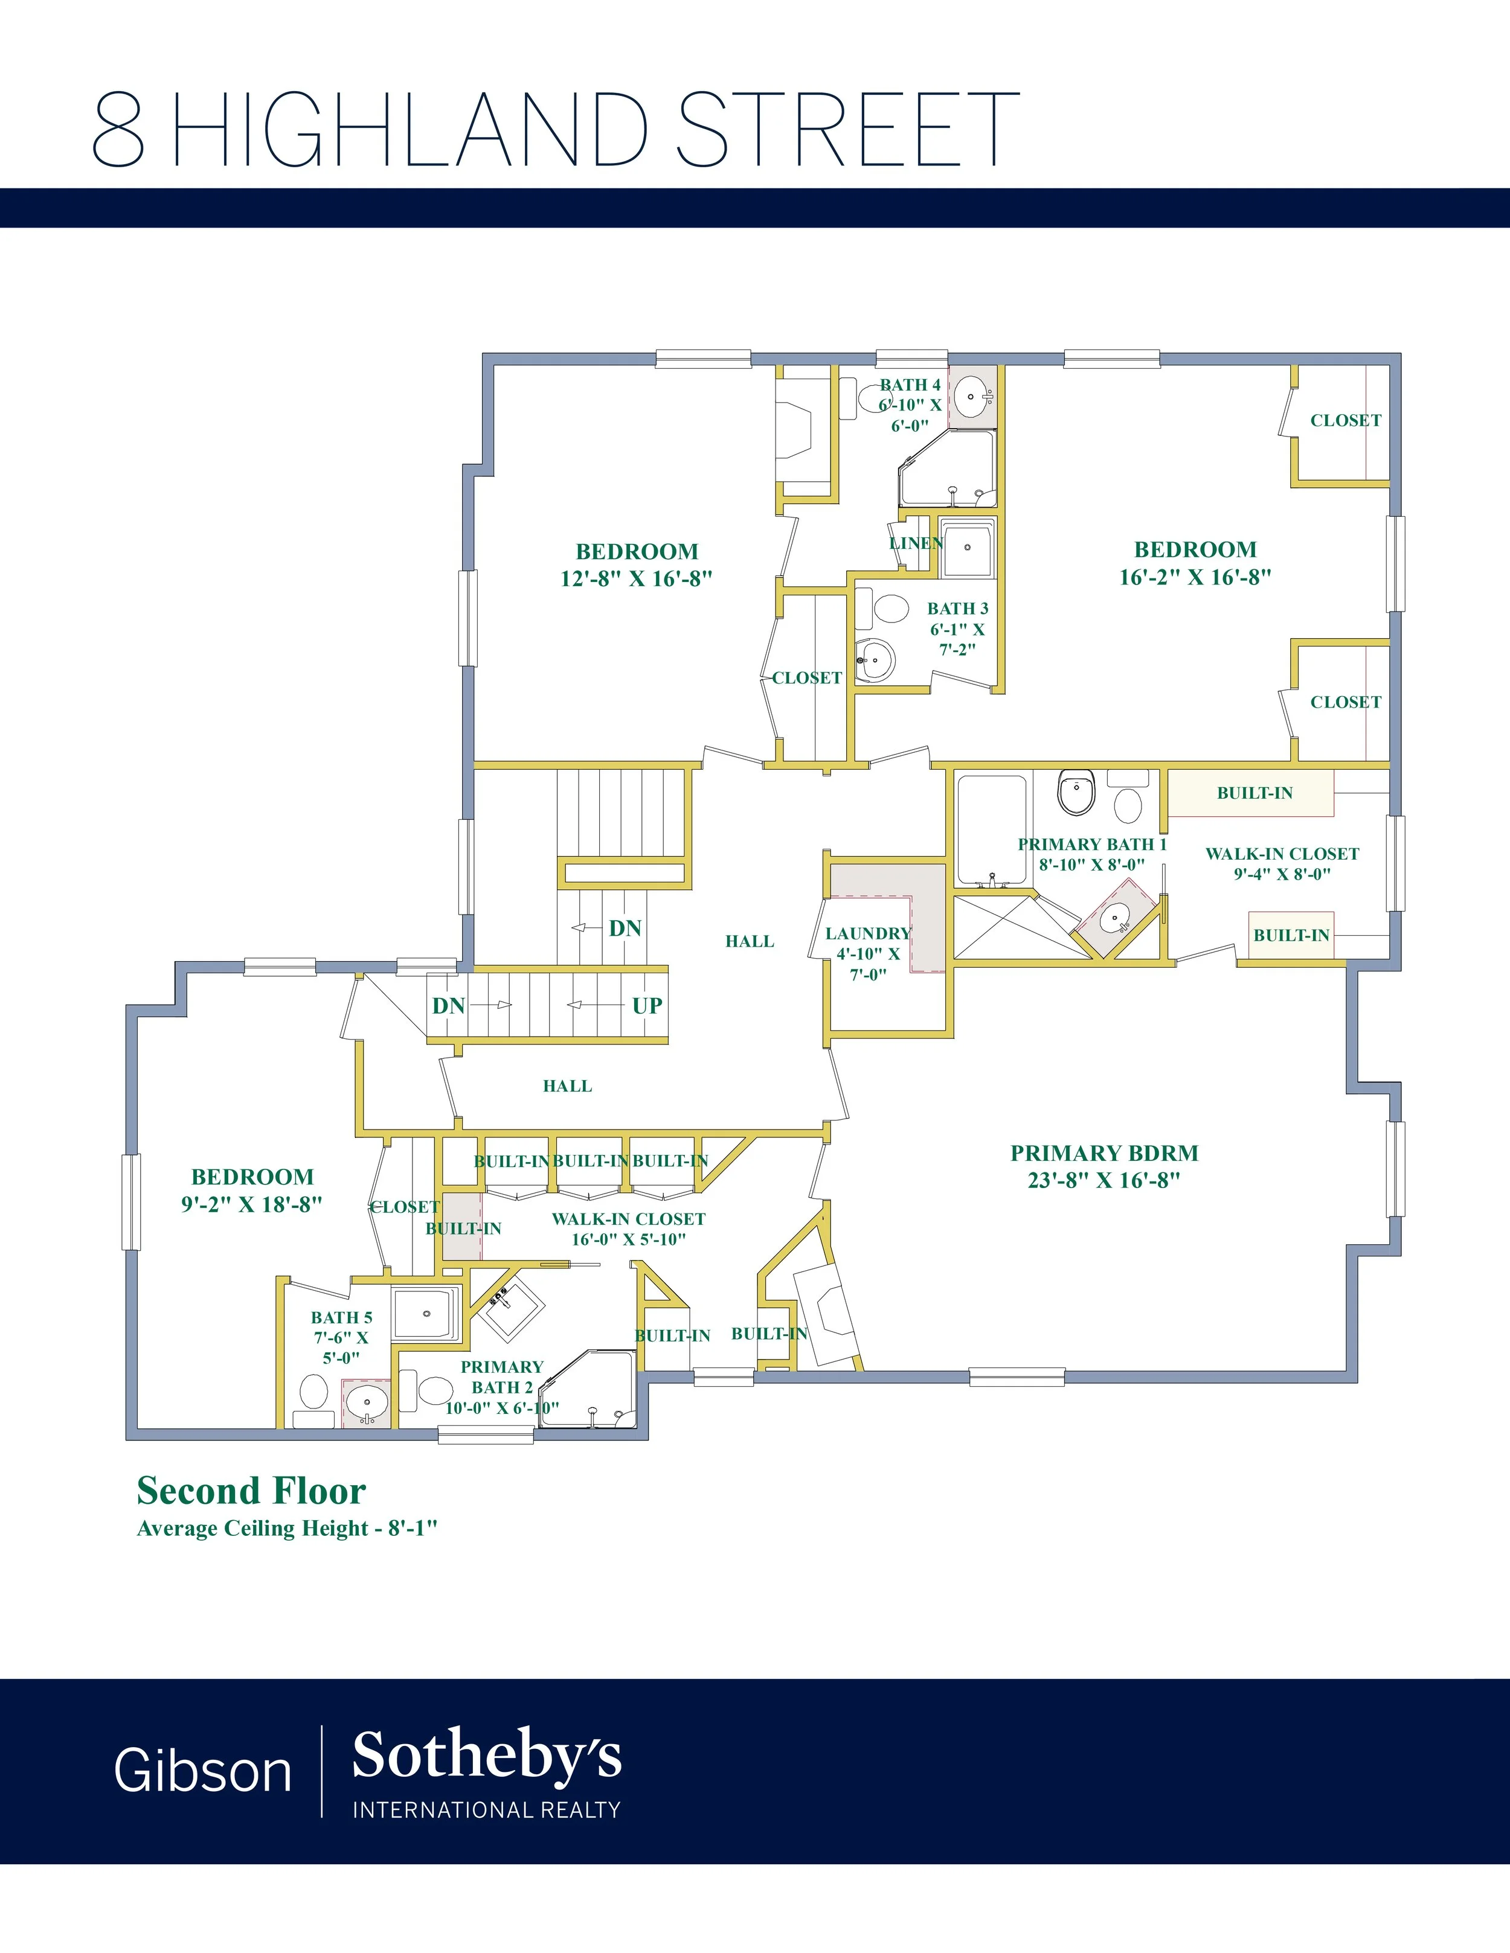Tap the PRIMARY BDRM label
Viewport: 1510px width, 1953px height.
[1104, 1152]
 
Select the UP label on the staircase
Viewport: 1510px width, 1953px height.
[647, 1005]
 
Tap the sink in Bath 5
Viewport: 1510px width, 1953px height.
[367, 1402]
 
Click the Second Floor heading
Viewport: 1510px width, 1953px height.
[251, 1491]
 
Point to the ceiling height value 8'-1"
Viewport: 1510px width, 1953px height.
[413, 1527]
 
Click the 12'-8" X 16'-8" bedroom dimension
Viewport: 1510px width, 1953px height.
[636, 578]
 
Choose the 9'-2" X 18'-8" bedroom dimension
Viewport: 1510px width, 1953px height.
[251, 1204]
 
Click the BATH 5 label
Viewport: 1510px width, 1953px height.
[342, 1317]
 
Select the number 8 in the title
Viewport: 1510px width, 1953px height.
[118, 129]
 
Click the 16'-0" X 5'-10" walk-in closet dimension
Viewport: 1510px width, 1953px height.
[629, 1239]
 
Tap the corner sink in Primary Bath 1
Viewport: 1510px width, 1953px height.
[1114, 918]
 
